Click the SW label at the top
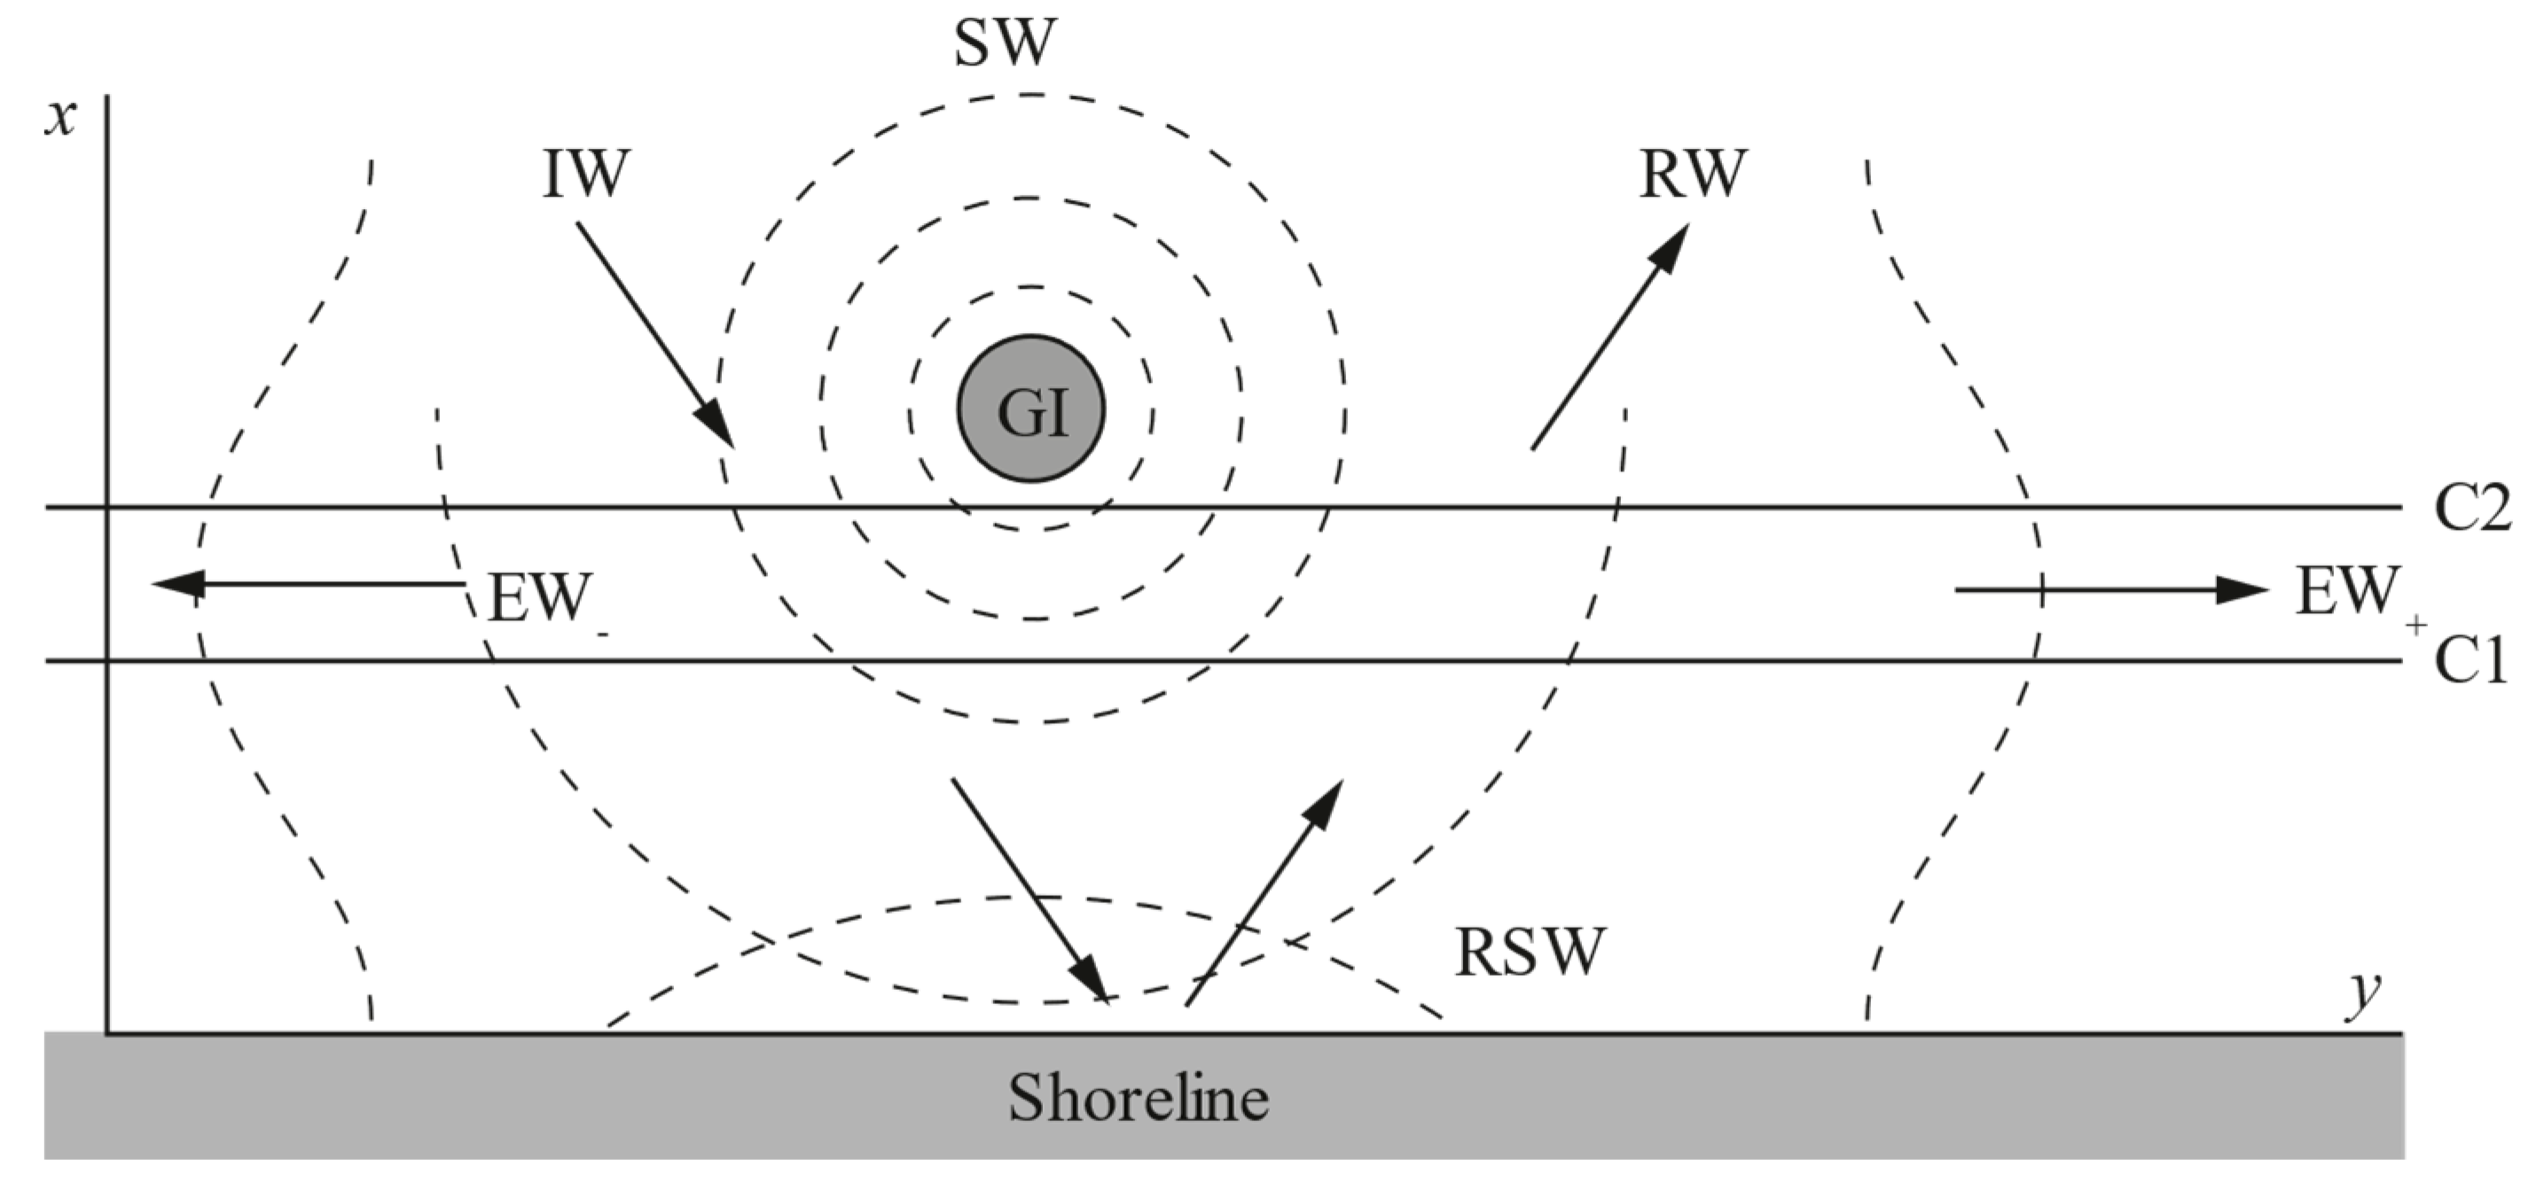point(1005,44)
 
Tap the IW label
point(586,175)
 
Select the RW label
point(1693,175)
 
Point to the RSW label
point(1529,952)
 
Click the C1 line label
point(2469,660)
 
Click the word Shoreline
point(1139,1098)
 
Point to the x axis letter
point(62,119)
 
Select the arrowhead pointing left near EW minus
point(176,584)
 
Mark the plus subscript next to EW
point(2416,624)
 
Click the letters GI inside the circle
point(1031,412)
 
